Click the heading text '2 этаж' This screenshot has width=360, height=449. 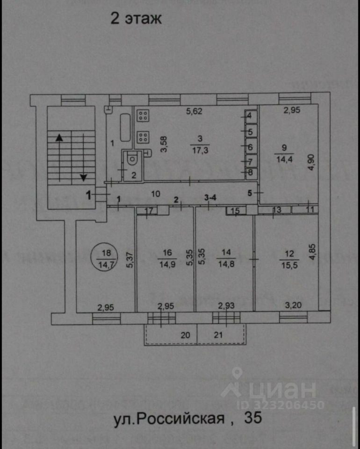coord(136,19)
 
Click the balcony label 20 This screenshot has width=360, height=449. coord(186,334)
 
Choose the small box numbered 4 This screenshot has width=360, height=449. coord(250,116)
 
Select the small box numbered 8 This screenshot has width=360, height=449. coord(250,173)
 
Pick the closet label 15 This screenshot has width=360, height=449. coord(236,211)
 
